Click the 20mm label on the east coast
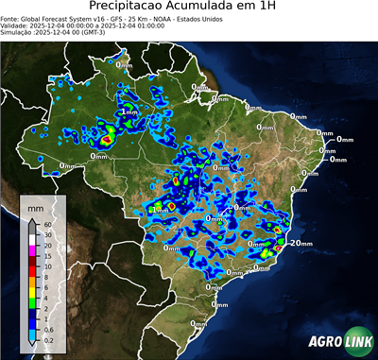301,243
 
